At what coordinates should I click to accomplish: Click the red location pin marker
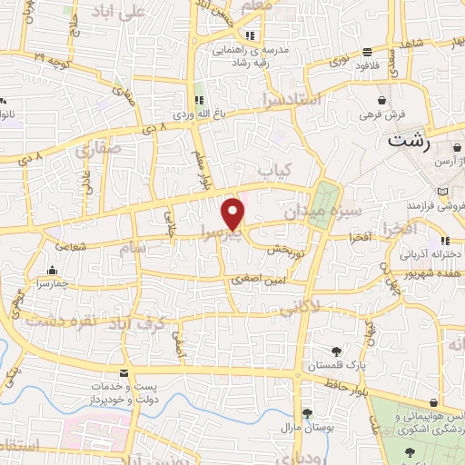(234, 213)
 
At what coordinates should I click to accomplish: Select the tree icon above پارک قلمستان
(337, 351)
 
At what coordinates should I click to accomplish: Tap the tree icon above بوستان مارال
(308, 411)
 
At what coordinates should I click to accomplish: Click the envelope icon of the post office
(124, 375)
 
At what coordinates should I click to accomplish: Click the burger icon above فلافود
(366, 52)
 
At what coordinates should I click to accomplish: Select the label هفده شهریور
(430, 271)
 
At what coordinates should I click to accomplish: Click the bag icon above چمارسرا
(53, 270)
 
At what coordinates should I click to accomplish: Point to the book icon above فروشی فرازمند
(442, 193)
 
